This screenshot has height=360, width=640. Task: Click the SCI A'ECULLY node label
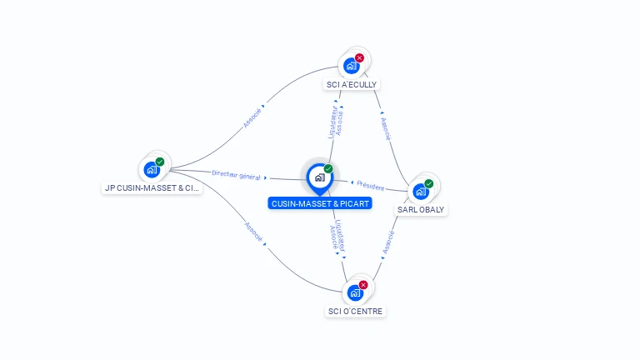352,84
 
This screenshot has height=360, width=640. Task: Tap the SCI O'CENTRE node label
355,311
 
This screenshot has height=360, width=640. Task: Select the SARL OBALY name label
421,209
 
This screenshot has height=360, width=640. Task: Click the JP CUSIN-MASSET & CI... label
152,187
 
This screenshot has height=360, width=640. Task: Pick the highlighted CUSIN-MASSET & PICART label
320,203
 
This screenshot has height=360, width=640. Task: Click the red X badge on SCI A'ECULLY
359,58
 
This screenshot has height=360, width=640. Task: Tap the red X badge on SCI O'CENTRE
363,285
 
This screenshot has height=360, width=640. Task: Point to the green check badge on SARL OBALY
428,183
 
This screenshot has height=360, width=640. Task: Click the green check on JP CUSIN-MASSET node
160,162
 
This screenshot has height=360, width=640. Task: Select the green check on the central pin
328,168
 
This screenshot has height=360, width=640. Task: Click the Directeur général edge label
236,175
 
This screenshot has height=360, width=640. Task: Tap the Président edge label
371,186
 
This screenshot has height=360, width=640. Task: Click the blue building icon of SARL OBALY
420,192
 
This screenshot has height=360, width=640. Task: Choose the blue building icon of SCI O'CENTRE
355,292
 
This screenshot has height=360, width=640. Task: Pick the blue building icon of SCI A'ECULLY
351,66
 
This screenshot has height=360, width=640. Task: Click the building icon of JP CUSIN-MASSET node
152,169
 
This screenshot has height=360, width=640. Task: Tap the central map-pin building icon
320,177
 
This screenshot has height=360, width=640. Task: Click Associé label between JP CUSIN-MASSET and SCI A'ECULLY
252,118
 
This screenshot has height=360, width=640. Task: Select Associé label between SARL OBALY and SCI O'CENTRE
388,242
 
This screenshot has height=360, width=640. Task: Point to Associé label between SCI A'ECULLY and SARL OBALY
386,129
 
